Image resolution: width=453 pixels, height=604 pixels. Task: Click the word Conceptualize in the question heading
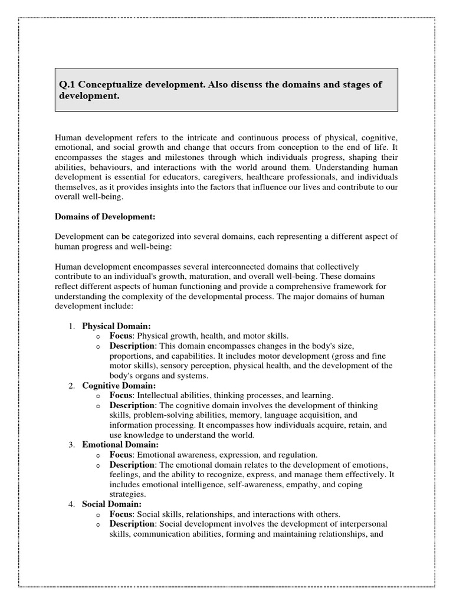point(110,84)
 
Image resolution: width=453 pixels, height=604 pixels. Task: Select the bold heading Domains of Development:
point(105,216)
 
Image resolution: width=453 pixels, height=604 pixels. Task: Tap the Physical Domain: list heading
point(116,325)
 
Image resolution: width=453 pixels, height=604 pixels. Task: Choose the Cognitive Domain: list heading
point(119,385)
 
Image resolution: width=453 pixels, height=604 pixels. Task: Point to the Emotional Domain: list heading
point(120,445)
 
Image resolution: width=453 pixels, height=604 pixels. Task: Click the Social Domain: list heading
point(111,504)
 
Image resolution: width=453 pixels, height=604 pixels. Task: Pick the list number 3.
point(71,445)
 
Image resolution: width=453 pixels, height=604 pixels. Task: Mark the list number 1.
point(71,325)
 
